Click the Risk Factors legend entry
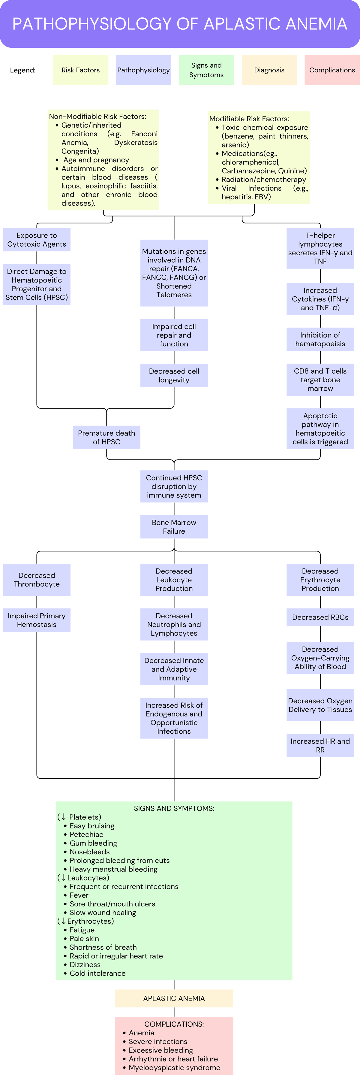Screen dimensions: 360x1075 [80, 70]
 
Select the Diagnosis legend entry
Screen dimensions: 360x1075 [269, 70]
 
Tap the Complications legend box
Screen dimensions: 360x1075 [332, 70]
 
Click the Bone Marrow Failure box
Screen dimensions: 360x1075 [174, 527]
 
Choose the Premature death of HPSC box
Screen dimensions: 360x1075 [106, 437]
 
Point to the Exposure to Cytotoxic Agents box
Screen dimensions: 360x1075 [37, 240]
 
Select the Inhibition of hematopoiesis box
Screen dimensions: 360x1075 [320, 339]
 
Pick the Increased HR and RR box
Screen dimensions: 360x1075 [320, 745]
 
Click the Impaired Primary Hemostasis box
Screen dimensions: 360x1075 [37, 620]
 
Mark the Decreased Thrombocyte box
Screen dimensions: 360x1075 [37, 580]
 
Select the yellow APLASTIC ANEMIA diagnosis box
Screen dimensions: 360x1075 [174, 998]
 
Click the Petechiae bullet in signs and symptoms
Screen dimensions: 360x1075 [83, 834]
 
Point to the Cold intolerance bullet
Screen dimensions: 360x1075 [95, 973]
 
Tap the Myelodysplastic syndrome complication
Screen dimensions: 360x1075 [171, 1067]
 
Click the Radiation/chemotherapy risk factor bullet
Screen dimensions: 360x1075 [261, 180]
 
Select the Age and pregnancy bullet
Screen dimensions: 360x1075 [93, 160]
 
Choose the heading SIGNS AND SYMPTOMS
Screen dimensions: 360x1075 [174, 808]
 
